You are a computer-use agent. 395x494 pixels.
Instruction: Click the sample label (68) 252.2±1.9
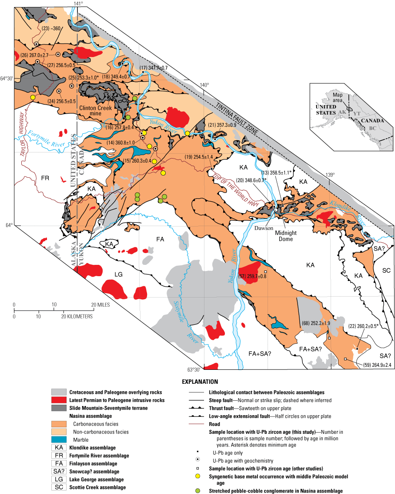pos(315,323)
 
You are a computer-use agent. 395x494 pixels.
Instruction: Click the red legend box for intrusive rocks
pos(59,399)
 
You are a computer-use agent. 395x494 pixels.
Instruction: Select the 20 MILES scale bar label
pos(101,305)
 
